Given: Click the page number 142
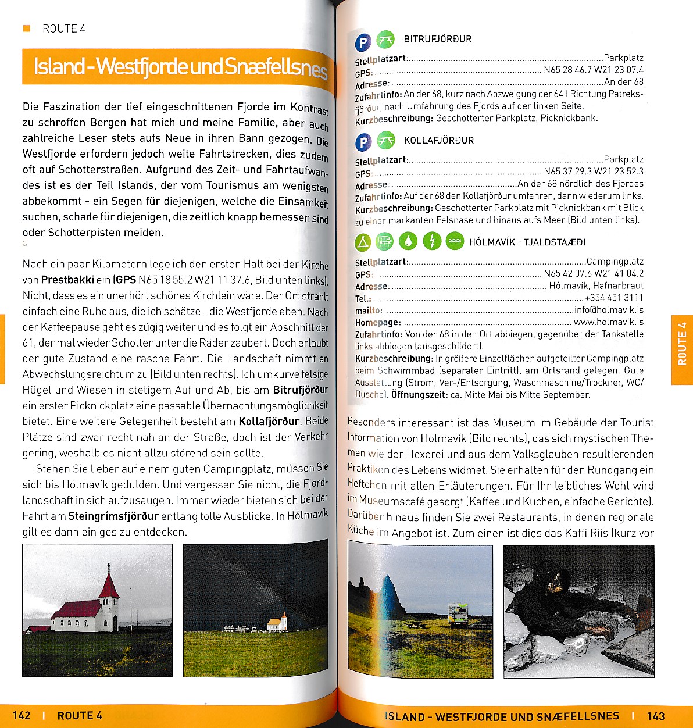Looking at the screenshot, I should click(21, 715).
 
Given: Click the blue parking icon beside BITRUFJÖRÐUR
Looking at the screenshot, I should click(363, 42).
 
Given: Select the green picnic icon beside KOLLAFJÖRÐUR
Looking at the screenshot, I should click(385, 141).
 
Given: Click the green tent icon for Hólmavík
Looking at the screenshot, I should click(363, 241).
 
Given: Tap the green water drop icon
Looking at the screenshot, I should click(408, 241).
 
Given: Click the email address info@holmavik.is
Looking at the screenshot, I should click(609, 310).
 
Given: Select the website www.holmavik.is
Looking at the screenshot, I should click(609, 322).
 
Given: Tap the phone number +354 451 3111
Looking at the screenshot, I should click(614, 298).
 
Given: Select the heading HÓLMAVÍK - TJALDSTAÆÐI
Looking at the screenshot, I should click(527, 242).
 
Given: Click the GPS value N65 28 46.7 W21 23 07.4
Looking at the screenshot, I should click(594, 70).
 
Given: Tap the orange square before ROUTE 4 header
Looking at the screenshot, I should click(26, 28).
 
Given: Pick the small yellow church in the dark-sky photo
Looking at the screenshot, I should click(277, 623).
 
